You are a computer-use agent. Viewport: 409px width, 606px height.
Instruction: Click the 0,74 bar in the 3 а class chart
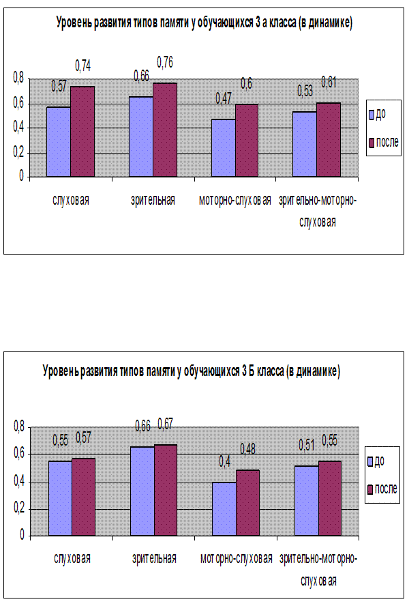pyautogui.click(x=82, y=131)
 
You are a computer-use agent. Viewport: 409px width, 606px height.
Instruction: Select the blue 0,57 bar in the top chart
pyautogui.click(x=59, y=141)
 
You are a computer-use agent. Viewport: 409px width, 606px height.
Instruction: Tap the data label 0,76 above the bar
pyautogui.click(x=164, y=63)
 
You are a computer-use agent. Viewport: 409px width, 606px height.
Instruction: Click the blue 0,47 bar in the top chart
pyautogui.click(x=223, y=147)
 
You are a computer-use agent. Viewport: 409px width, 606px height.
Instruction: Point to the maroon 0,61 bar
pyautogui.click(x=329, y=139)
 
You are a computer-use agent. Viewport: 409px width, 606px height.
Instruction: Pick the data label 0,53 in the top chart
pyautogui.click(x=305, y=91)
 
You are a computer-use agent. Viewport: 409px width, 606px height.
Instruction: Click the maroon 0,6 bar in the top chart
pyautogui.click(x=246, y=140)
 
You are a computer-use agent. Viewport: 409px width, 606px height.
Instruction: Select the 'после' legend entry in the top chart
pyautogui.click(x=383, y=143)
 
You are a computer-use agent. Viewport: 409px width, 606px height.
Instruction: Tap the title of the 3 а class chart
pyautogui.click(x=204, y=24)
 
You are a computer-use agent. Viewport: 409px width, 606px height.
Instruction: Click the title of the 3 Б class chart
pyautogui.click(x=192, y=372)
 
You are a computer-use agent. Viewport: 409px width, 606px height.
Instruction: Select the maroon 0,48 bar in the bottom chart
pyautogui.click(x=247, y=502)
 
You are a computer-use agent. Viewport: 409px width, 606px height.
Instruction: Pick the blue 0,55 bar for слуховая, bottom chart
pyautogui.click(x=59, y=498)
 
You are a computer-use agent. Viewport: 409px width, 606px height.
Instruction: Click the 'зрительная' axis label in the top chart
pyautogui.click(x=153, y=201)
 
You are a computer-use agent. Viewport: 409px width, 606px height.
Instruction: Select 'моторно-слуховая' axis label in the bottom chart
pyautogui.click(x=235, y=559)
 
